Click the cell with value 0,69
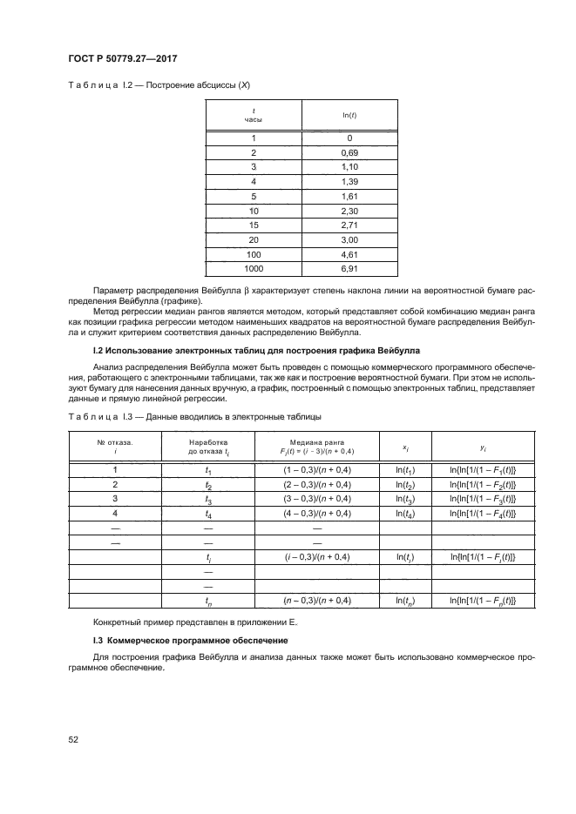point(349,151)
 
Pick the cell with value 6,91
point(349,270)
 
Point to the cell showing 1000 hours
point(253,270)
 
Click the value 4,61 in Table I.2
point(349,255)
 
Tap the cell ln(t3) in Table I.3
point(404,499)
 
